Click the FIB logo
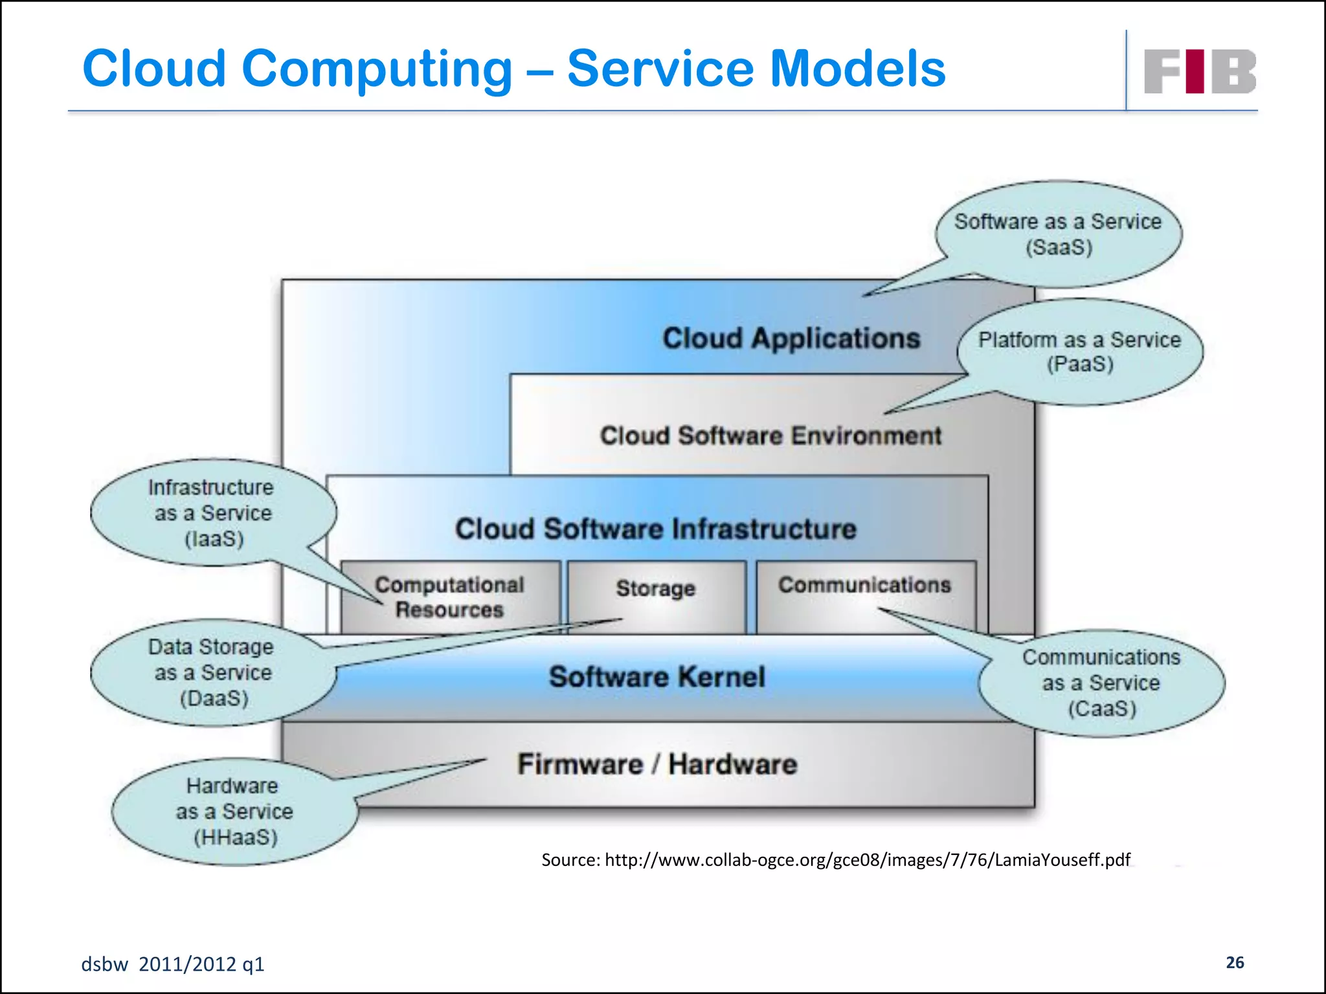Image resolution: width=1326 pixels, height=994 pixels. pyautogui.click(x=1199, y=71)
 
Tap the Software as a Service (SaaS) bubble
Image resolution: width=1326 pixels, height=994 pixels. pyautogui.click(x=1058, y=234)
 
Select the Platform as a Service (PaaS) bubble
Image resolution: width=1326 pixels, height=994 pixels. pyautogui.click(x=1079, y=351)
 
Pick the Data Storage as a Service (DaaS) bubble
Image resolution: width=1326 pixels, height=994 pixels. pyautogui.click(x=212, y=672)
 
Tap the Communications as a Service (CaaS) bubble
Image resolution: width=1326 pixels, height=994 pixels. pyautogui.click(x=1101, y=683)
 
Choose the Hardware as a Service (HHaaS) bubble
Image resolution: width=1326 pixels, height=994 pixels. pyautogui.click(x=234, y=812)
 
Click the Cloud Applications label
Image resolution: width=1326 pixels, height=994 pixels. pyautogui.click(x=791, y=338)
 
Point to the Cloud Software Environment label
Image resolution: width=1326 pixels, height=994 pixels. pyautogui.click(x=770, y=436)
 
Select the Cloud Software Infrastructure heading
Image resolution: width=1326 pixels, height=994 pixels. pyautogui.click(x=655, y=529)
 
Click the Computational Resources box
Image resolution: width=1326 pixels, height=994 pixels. pyautogui.click(x=449, y=597)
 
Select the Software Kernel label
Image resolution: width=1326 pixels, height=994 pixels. pyautogui.click(x=657, y=677)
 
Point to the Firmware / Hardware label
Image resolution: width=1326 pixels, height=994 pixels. pyautogui.click(x=657, y=764)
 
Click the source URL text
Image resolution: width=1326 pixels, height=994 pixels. pyautogui.click(x=835, y=859)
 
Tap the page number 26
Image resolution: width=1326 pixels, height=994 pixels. pyautogui.click(x=1235, y=962)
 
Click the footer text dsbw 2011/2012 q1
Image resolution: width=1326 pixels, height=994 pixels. pyautogui.click(x=173, y=964)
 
